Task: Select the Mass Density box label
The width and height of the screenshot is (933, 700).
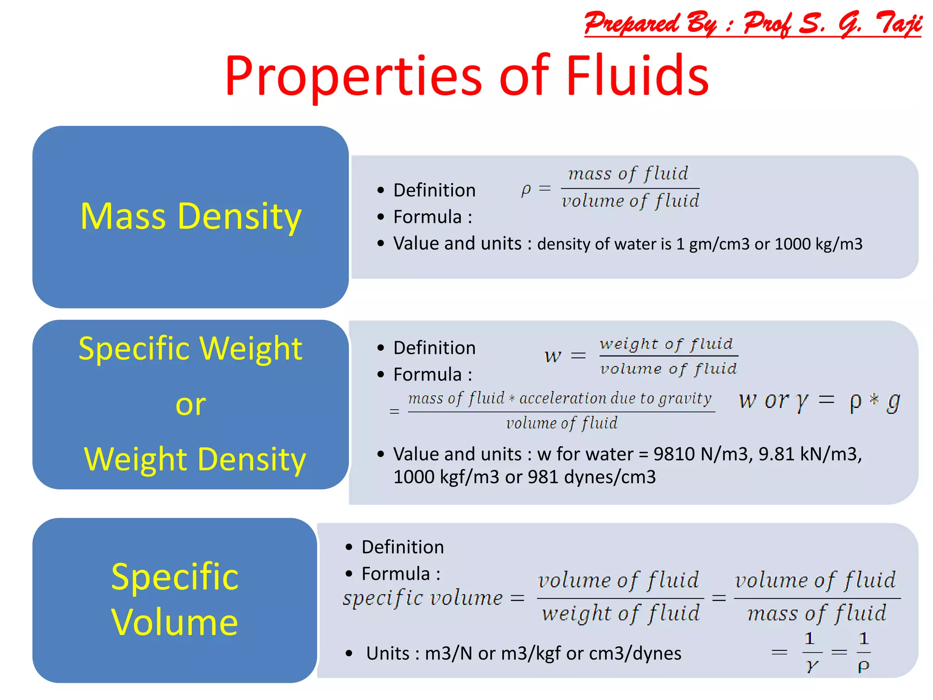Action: click(x=190, y=216)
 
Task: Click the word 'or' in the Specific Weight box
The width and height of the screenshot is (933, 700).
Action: click(x=190, y=404)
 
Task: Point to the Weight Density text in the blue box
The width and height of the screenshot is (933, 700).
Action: click(x=195, y=459)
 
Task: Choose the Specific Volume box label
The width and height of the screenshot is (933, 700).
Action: click(x=174, y=599)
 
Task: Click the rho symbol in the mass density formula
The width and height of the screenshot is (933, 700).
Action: click(x=526, y=189)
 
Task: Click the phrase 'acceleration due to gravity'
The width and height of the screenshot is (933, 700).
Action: click(x=615, y=399)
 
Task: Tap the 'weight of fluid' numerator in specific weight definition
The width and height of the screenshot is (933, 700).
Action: click(x=666, y=344)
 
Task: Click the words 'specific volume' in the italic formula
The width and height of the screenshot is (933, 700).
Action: click(x=423, y=598)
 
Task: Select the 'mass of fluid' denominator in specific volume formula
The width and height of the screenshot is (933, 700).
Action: click(x=817, y=613)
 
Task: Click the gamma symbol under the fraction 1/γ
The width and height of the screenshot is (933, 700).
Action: click(x=811, y=666)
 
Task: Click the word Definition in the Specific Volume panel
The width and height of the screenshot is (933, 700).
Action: click(x=402, y=547)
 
